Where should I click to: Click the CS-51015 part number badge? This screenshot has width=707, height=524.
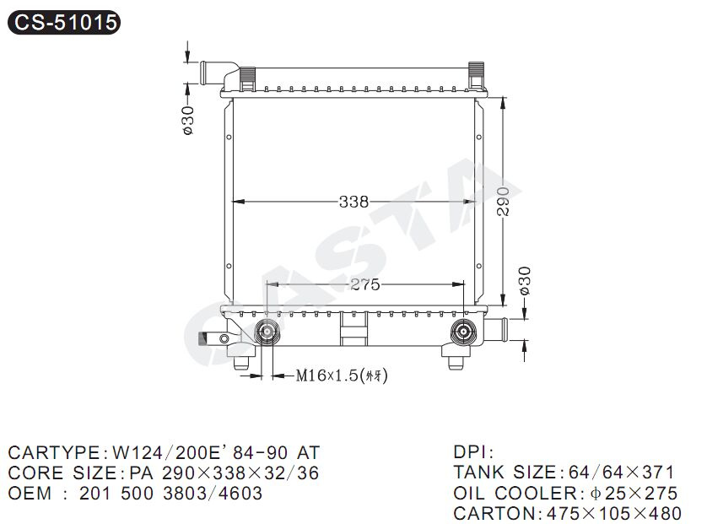(x=64, y=22)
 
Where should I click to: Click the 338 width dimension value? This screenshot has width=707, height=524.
(x=353, y=202)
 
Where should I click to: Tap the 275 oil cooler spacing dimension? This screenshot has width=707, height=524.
(x=364, y=284)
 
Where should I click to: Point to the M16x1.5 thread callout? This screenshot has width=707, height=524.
(x=342, y=375)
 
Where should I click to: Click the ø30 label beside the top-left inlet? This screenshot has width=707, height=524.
(x=187, y=121)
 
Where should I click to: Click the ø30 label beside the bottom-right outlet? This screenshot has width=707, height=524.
(x=525, y=281)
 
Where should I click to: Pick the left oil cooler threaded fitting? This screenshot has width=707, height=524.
(x=267, y=332)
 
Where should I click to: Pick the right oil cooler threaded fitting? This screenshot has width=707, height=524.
(x=463, y=332)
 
